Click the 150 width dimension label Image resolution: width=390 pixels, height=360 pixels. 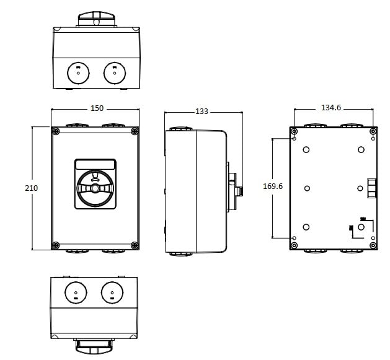pyautogui.click(x=97, y=108)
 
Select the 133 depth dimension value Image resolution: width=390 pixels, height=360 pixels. pyautogui.click(x=202, y=112)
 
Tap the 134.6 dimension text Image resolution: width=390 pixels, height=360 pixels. pyautogui.click(x=331, y=108)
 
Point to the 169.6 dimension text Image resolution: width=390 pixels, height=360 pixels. pyautogui.click(x=273, y=187)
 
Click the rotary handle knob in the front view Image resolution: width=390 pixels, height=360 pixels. pyautogui.click(x=95, y=188)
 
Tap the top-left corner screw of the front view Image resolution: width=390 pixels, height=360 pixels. pyautogui.click(x=56, y=131)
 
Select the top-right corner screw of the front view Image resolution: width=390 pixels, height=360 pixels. pyautogui.click(x=135, y=131)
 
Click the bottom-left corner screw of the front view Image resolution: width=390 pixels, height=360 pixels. pyautogui.click(x=56, y=245)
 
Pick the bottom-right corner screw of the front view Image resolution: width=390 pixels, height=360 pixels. pyautogui.click(x=135, y=245)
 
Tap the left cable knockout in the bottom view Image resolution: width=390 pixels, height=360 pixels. pyautogui.click(x=76, y=291)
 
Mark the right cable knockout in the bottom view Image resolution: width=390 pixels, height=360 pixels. pyautogui.click(x=112, y=291)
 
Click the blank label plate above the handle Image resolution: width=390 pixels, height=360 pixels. pyautogui.click(x=95, y=164)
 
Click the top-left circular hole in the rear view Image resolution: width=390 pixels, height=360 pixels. pyautogui.click(x=306, y=149)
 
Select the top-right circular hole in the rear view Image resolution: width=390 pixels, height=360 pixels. pyautogui.click(x=361, y=149)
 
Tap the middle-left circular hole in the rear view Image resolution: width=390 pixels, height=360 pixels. pyautogui.click(x=306, y=188)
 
